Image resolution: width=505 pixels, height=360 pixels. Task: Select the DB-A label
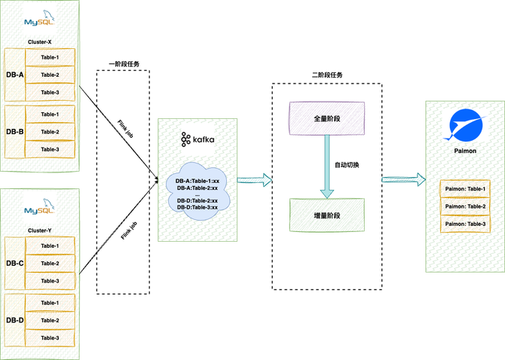coord(15,75)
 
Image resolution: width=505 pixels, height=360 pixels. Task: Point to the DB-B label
coord(15,132)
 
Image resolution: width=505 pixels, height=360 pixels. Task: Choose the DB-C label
coord(15,263)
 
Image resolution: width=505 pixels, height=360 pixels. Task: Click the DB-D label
coord(15,321)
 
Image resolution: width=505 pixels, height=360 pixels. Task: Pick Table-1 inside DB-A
coord(50,57)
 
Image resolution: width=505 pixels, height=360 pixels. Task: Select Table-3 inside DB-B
coord(50,149)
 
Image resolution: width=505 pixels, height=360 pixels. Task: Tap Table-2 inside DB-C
coord(50,264)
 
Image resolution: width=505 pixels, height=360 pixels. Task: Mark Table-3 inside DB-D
coord(50,339)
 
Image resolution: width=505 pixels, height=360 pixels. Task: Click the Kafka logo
coord(197,139)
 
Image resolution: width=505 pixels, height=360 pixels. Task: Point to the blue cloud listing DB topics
coord(197,192)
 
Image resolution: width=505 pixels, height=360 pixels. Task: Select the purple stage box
coord(326,118)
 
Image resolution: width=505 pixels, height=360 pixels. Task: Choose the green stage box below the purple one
coord(326,215)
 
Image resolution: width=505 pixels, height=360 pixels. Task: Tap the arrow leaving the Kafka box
coord(255,180)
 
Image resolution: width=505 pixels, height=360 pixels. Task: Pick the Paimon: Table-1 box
coord(464,189)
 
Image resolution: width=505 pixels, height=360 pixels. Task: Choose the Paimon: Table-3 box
coord(464,224)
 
